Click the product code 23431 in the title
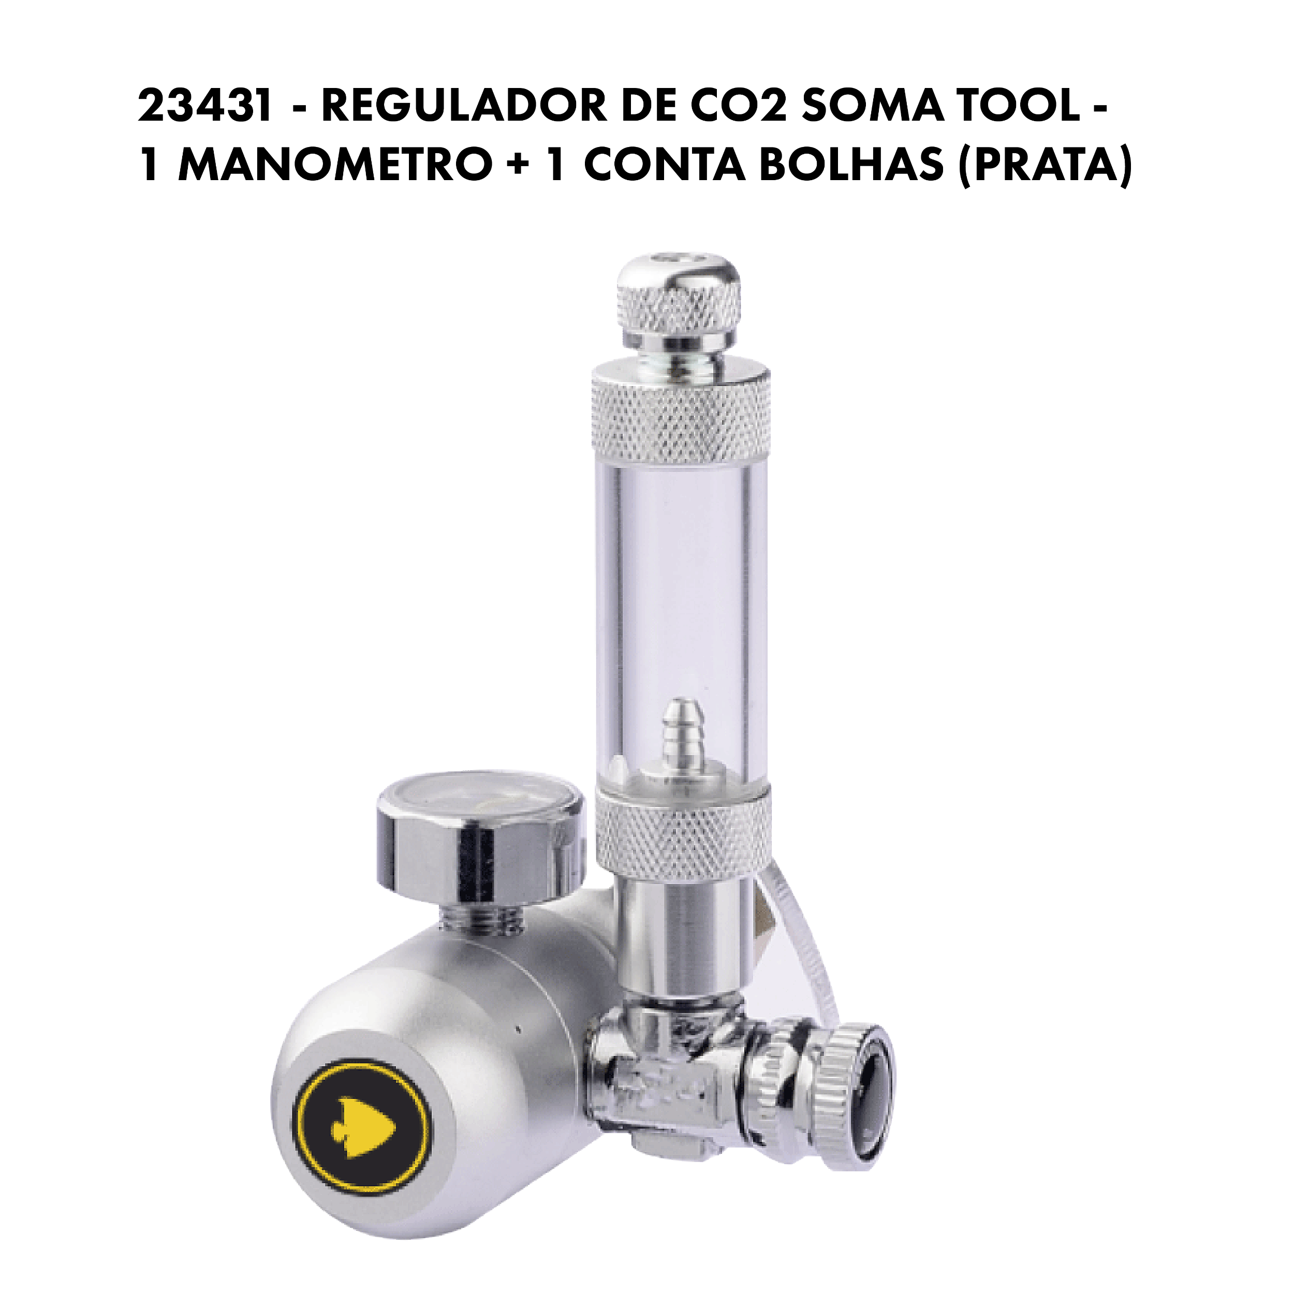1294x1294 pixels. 205,108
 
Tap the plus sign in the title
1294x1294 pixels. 515,166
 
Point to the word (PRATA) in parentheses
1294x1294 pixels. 1046,166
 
